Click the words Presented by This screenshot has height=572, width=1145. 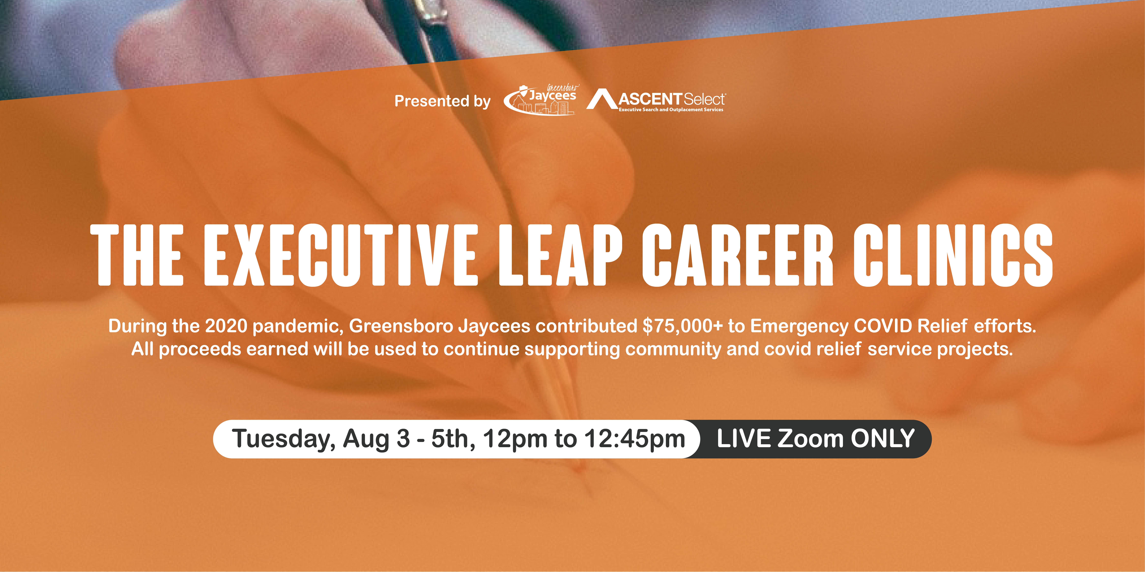[442, 101]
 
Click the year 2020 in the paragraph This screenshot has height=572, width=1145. [226, 326]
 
